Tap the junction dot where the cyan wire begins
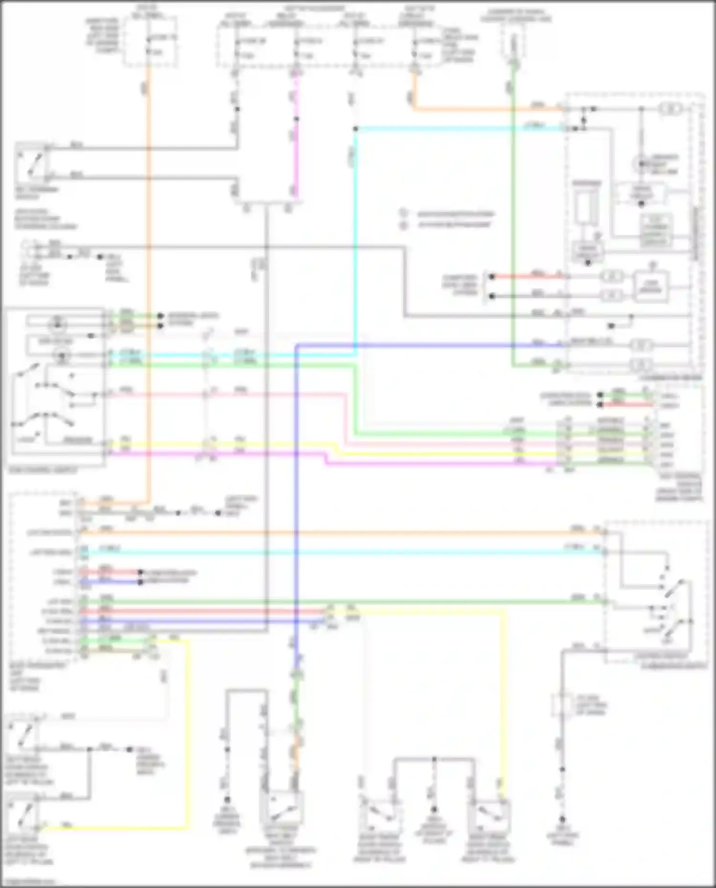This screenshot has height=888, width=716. [356, 129]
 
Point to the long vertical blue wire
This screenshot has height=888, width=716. [296, 477]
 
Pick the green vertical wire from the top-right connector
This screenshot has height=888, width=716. [513, 215]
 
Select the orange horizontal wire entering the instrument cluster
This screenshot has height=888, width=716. [487, 110]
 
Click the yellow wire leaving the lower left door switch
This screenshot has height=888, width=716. [115, 827]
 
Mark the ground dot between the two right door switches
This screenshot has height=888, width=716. [434, 809]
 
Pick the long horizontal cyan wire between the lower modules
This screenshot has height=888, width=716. [334, 553]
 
